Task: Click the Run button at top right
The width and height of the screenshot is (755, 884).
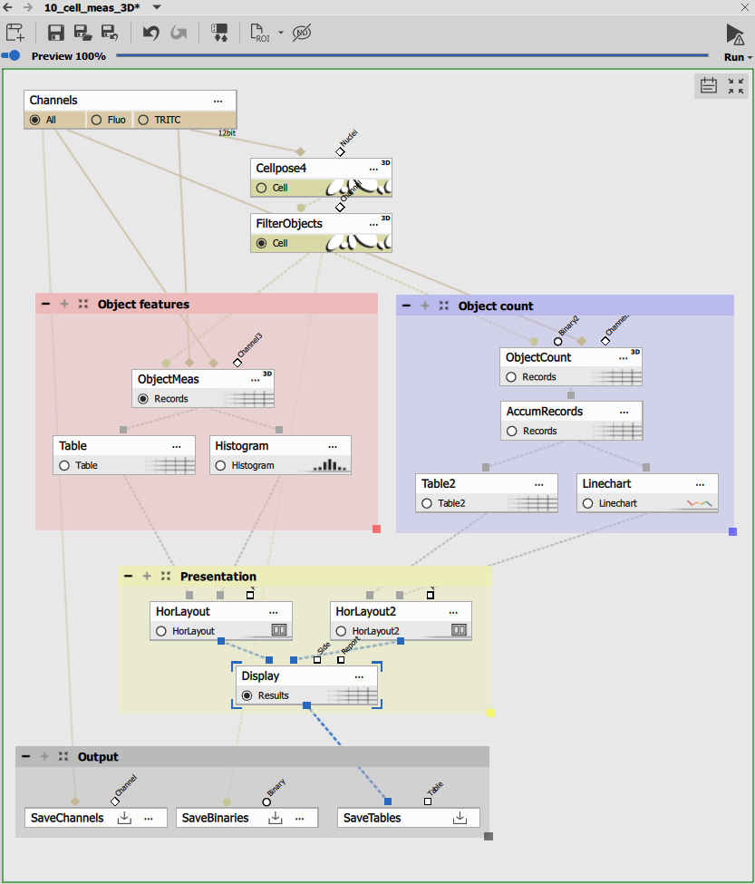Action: [x=734, y=36]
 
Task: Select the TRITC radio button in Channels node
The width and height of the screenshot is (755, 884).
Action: [x=143, y=120]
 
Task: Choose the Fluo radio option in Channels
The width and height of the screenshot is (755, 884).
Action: [x=95, y=120]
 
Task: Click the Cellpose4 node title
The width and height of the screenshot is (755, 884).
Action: [x=281, y=169]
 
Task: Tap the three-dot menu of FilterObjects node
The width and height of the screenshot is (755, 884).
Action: [x=373, y=223]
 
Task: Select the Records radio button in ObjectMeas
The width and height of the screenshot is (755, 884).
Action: [x=143, y=398]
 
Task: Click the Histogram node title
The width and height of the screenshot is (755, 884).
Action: [x=242, y=446]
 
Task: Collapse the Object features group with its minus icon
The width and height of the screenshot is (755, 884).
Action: [x=45, y=305]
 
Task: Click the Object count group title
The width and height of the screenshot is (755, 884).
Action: [x=496, y=306]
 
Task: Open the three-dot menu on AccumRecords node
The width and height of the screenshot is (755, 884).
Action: [x=624, y=412]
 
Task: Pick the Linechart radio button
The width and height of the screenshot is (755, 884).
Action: [x=588, y=503]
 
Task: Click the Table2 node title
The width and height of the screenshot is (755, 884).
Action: [x=439, y=484]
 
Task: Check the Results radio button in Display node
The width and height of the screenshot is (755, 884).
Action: [x=247, y=695]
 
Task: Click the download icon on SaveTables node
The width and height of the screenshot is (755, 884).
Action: [x=460, y=818]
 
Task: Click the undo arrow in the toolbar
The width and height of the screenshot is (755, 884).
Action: [x=151, y=34]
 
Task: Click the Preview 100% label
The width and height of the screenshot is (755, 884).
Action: [x=69, y=56]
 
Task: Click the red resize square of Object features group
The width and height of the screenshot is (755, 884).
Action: [x=376, y=529]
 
